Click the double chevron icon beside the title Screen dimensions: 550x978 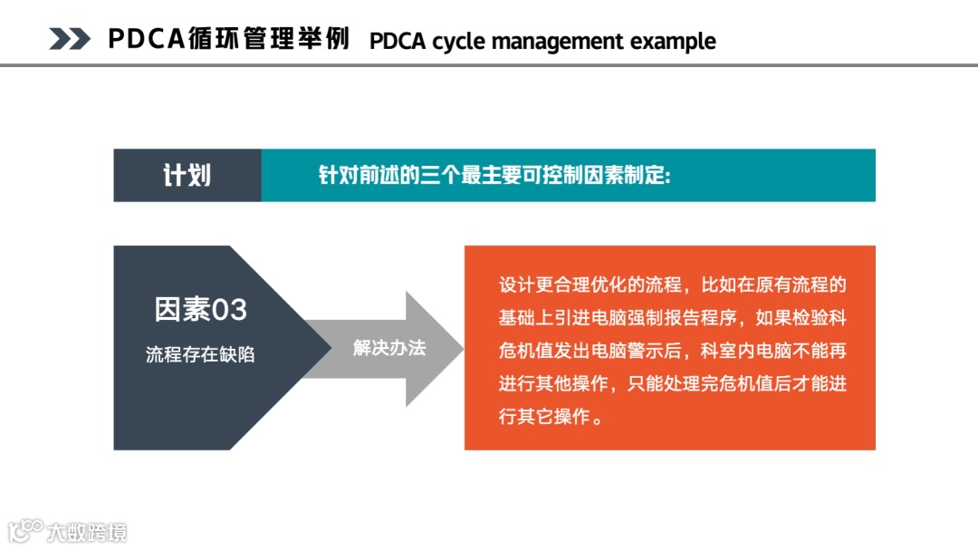[69, 39]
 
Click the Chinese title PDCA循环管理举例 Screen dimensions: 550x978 [228, 39]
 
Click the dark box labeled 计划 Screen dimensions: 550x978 [187, 175]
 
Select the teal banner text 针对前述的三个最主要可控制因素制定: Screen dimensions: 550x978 [494, 175]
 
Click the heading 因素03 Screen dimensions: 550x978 [200, 310]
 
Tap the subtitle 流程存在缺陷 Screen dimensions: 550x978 [200, 354]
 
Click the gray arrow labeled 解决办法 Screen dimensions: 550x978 [388, 348]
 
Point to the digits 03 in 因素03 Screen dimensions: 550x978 [229, 310]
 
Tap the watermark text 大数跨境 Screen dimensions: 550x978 [88, 532]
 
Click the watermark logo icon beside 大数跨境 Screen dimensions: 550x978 [25, 531]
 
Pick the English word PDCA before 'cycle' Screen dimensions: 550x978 [398, 42]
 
